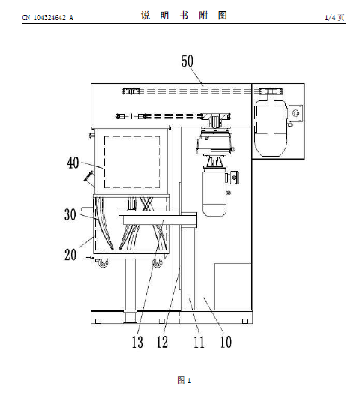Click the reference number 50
pos(187,61)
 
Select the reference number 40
pos(73,163)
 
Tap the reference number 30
pos(70,214)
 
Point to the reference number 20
pos(70,254)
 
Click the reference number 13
pos(137,342)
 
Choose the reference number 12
pos(162,342)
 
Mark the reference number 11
pos(199,342)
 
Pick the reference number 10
pos(226,342)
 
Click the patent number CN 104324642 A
pos(47,18)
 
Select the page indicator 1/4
pos(330,18)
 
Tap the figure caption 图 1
pos(184,380)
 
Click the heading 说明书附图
pos(184,16)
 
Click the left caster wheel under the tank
pos(103,263)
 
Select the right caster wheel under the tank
pos(157,263)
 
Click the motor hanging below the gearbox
pos(214,193)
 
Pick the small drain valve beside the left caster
pos(92,259)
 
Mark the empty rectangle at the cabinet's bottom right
pos(233,286)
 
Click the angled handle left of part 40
pos(88,176)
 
